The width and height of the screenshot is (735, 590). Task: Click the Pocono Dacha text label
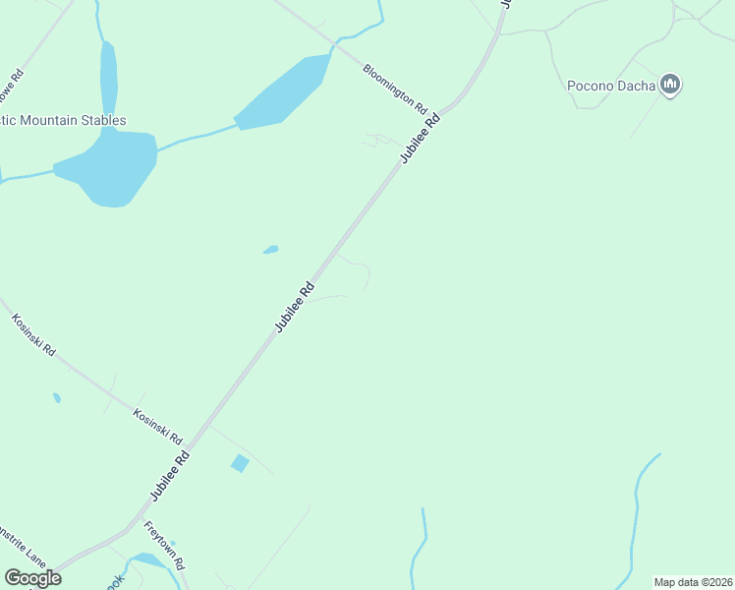[612, 86]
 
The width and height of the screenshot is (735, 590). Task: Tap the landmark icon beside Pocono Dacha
[671, 86]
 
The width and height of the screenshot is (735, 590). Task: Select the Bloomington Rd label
[395, 88]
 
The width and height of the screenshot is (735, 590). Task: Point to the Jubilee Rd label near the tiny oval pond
[295, 307]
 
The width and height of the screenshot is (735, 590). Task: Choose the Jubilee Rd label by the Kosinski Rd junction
[170, 474]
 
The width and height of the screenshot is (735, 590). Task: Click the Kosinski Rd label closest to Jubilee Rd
[158, 426]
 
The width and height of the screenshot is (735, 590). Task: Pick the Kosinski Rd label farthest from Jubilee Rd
[34, 334]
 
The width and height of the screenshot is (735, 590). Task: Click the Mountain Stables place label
[63, 121]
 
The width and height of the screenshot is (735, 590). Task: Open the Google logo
[32, 578]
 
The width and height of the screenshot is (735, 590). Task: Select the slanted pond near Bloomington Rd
[285, 92]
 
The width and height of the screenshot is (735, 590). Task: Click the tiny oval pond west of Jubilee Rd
[271, 250]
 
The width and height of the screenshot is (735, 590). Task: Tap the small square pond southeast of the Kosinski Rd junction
[240, 463]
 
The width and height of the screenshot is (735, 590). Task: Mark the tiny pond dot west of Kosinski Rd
[57, 398]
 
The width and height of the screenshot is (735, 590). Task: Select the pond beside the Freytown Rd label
[147, 560]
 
